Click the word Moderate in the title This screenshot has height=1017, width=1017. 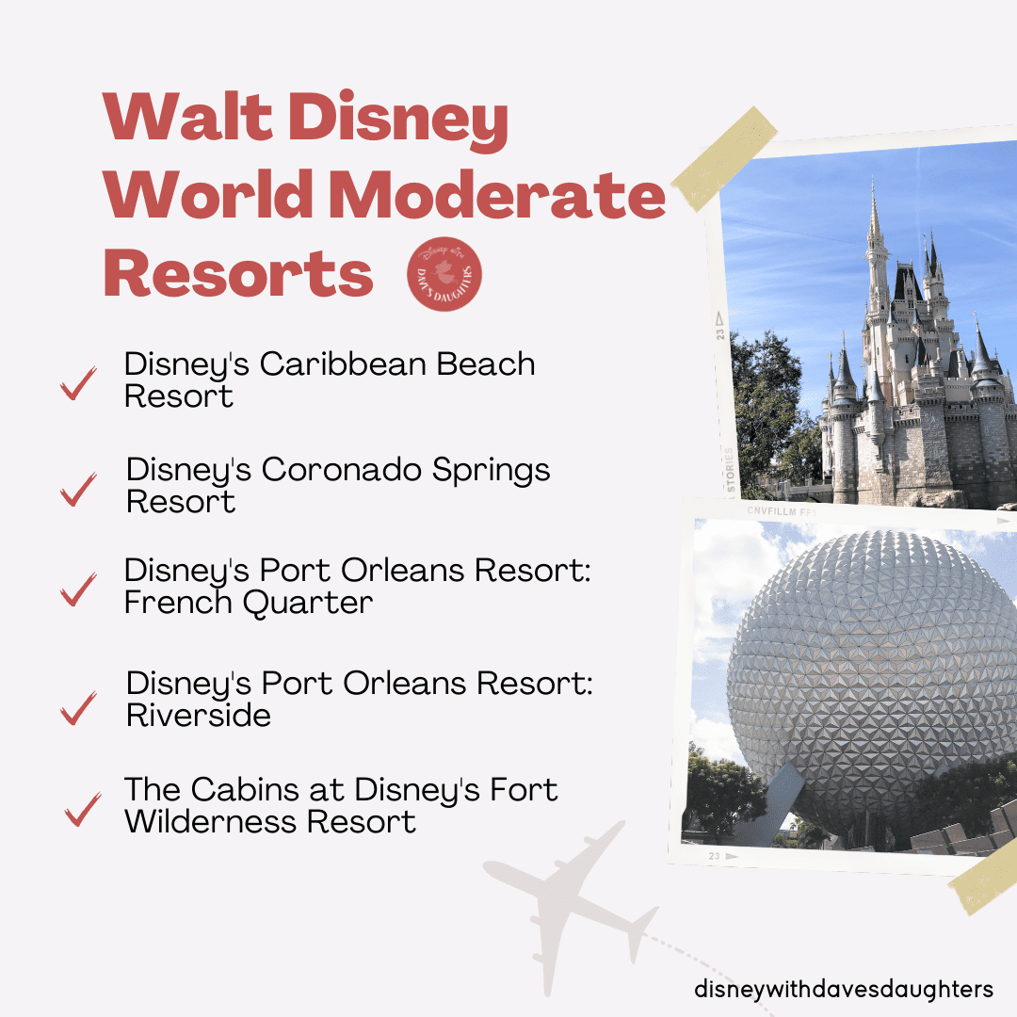click(497, 195)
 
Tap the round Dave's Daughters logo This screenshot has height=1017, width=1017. click(444, 274)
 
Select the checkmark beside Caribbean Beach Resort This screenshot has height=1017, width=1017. click(78, 382)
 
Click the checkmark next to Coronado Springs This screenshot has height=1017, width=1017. click(78, 489)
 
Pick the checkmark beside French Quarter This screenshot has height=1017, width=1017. click(78, 589)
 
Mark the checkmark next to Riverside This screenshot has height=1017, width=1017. click(78, 707)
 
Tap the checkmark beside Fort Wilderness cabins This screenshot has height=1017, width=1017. click(83, 809)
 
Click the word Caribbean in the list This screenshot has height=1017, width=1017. click(344, 363)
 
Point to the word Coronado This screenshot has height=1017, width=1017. click(342, 470)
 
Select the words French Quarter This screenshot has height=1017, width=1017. click(249, 603)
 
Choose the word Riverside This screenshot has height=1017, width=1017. click(199, 716)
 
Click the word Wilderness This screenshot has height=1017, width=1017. click(212, 822)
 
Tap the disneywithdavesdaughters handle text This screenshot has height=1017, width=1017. click(843, 989)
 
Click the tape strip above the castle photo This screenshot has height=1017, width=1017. click(724, 159)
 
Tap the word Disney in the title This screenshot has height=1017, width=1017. click(398, 119)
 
